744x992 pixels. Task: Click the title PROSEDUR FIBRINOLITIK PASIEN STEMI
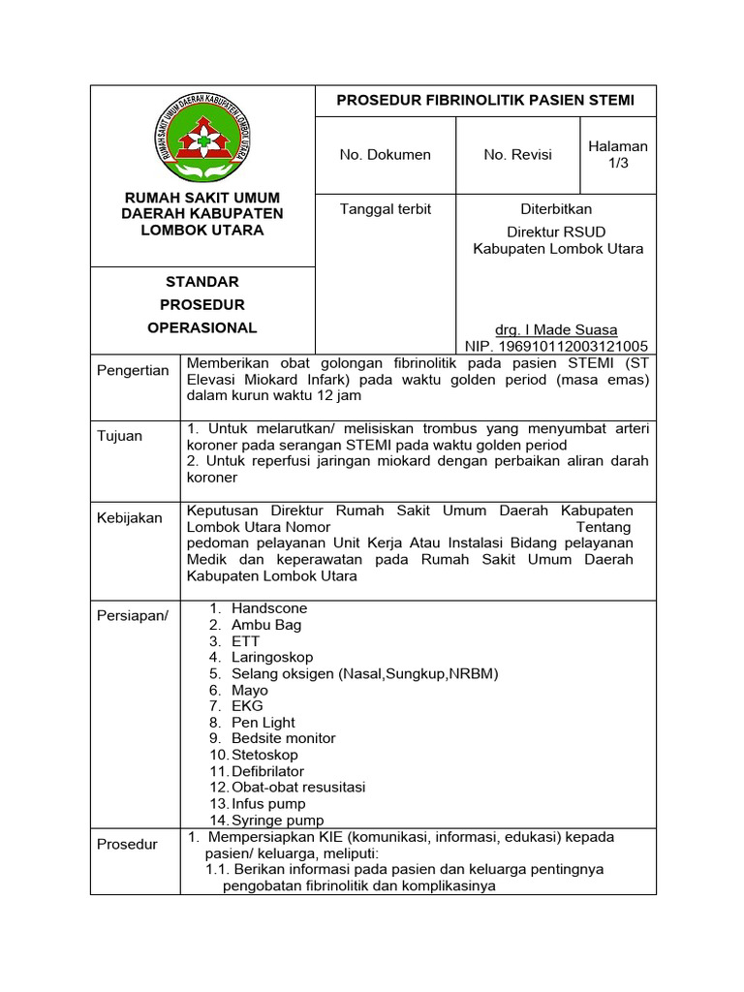pos(484,100)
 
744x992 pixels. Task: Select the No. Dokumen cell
pos(385,154)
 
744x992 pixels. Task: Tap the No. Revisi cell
pos(517,154)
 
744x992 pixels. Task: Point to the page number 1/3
pos(618,163)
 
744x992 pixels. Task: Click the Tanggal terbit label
pos(385,208)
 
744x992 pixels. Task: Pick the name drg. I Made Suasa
pos(555,329)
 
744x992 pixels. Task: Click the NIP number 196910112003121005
pos(556,346)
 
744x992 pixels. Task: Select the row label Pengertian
pos(132,370)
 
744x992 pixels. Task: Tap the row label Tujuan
pos(119,435)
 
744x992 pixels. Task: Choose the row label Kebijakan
pos(130,518)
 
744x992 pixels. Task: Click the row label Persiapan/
pos(132,617)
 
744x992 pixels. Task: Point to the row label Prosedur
pos(127,844)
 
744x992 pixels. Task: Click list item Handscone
pos(269,608)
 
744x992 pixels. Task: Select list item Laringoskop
pos(272,657)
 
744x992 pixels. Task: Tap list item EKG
pos(247,706)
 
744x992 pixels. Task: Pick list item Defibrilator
pos(268,771)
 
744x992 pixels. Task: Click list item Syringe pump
pos(278,821)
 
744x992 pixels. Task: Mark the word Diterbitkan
pos(556,208)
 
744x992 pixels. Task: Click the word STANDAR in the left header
pos(201,282)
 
